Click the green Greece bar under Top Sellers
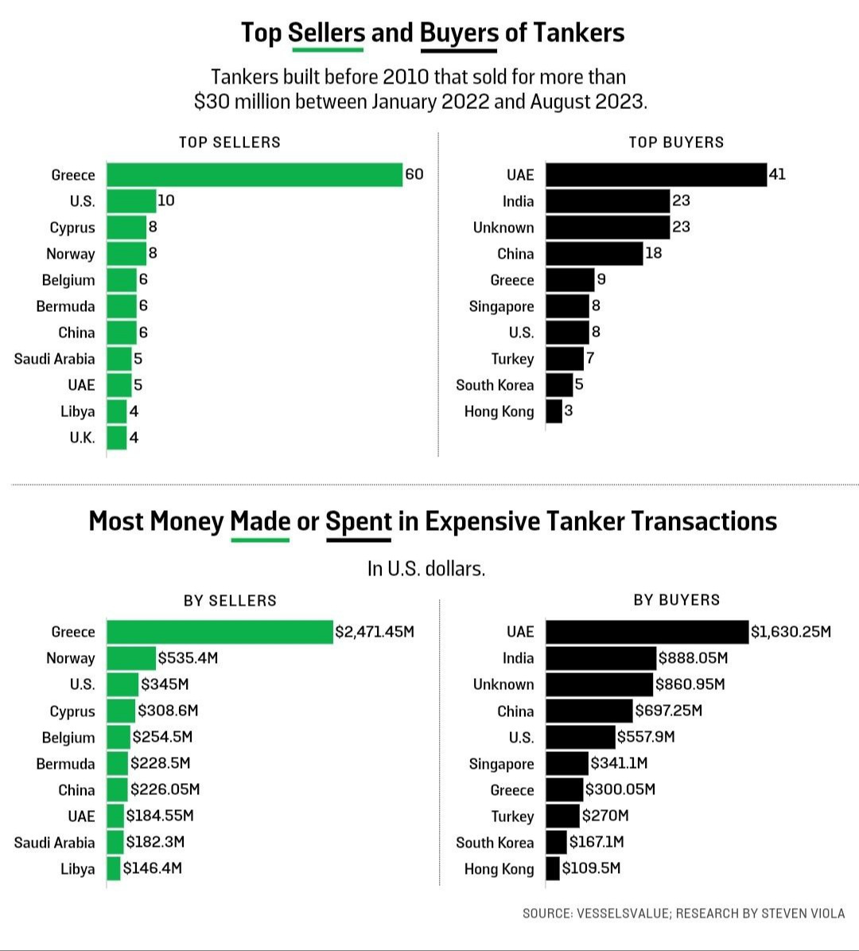[255, 174]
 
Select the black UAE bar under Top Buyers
[656, 174]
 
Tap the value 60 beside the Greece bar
[414, 174]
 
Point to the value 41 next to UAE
[777, 173]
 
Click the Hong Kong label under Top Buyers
[499, 411]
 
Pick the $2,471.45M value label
[375, 632]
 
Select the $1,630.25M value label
[791, 632]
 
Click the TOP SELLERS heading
[230, 142]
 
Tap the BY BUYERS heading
[676, 600]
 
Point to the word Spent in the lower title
[359, 521]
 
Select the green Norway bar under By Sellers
[131, 658]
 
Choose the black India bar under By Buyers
[601, 658]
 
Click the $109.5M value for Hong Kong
[591, 867]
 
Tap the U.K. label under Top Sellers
[82, 438]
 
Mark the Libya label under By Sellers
[77, 869]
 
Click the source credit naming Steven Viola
[683, 913]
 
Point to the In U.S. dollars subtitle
[426, 569]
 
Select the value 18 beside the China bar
[653, 253]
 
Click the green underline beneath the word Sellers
[327, 50]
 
